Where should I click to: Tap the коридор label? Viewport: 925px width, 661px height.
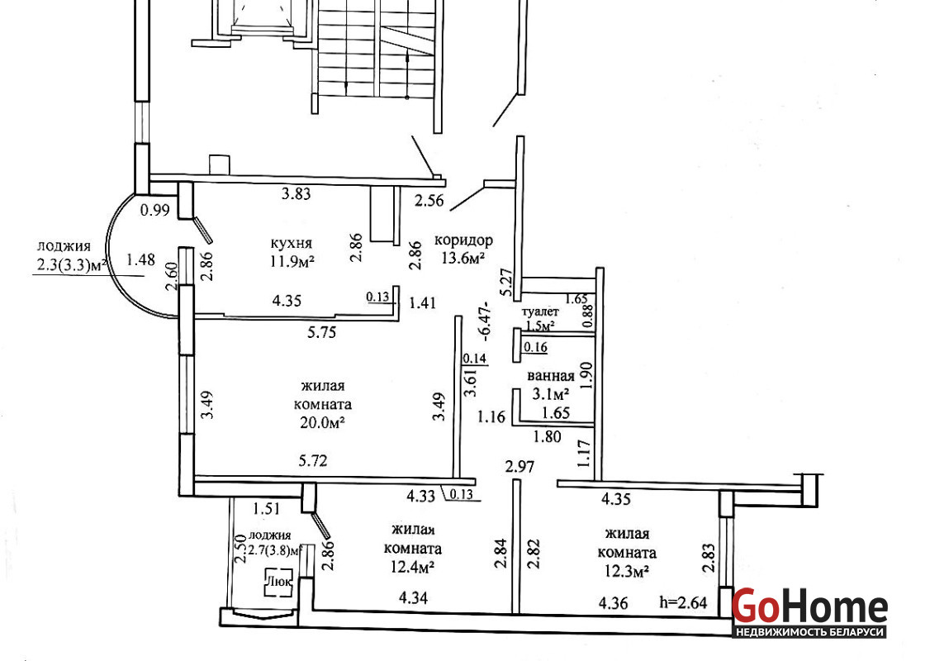click(x=463, y=240)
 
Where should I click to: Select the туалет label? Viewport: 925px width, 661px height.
click(x=540, y=311)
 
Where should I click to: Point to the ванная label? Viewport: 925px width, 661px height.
click(x=550, y=376)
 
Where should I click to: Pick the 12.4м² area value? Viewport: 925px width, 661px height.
click(x=413, y=567)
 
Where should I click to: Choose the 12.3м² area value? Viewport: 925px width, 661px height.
click(x=627, y=571)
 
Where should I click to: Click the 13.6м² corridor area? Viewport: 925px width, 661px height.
click(x=463, y=257)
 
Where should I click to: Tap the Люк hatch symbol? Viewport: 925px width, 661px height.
click(x=279, y=582)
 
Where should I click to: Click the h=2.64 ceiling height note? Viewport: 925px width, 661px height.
click(x=682, y=602)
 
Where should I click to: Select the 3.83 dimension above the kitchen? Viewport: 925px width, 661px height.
click(x=296, y=193)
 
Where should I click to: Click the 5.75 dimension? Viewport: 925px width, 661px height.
click(x=321, y=332)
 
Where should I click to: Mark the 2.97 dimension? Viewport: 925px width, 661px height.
click(x=519, y=467)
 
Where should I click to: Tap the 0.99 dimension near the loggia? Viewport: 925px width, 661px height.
click(x=155, y=210)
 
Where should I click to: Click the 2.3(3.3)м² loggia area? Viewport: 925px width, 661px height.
click(x=73, y=265)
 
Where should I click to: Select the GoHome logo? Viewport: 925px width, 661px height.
click(x=810, y=606)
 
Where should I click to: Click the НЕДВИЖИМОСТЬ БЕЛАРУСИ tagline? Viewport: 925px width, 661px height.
click(x=810, y=631)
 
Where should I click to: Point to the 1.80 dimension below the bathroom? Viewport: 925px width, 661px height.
click(x=547, y=437)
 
